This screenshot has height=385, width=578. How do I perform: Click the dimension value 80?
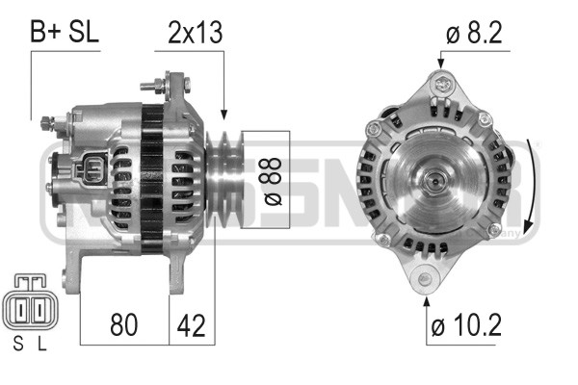124,324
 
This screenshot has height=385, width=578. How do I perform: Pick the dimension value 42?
192,324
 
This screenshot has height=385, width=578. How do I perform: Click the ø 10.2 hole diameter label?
466,325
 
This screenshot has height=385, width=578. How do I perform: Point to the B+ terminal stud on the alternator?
46,123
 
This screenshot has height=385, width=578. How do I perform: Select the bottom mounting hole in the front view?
426,281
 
